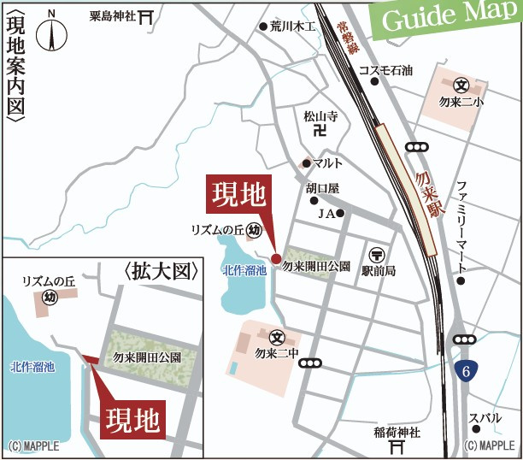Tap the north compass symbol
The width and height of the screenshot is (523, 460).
point(52,32)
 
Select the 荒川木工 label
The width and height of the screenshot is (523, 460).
point(292,27)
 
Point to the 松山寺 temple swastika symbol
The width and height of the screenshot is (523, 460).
point(320,131)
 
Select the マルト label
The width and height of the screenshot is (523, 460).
point(327,162)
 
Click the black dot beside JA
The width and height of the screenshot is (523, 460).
point(340,213)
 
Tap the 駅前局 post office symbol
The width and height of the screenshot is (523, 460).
point(377,254)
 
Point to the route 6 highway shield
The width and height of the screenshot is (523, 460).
point(465,372)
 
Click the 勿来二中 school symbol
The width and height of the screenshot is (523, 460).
point(276,338)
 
